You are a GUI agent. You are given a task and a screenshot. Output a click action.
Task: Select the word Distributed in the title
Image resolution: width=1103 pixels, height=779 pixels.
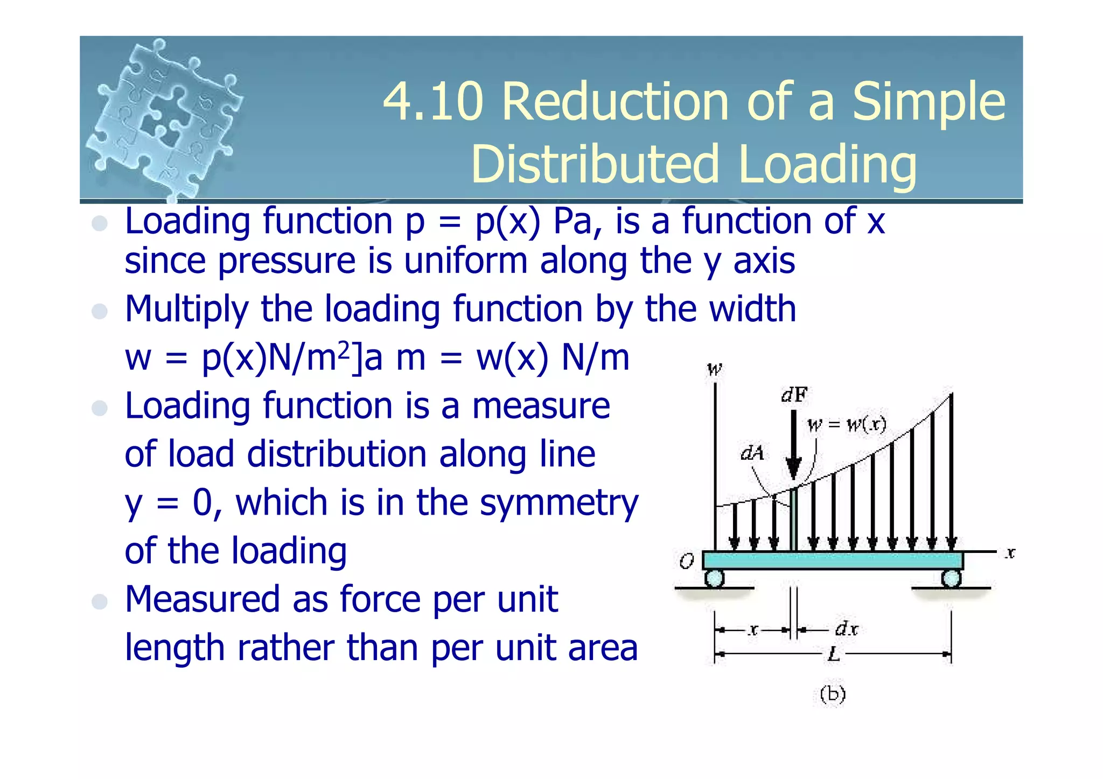(595, 164)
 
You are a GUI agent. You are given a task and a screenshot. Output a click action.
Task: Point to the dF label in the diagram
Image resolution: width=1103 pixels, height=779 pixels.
(794, 396)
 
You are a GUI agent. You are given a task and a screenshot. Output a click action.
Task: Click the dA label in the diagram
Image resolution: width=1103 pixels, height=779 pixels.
(752, 453)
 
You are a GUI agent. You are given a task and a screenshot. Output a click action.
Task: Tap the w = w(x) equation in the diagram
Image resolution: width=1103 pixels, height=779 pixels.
(847, 425)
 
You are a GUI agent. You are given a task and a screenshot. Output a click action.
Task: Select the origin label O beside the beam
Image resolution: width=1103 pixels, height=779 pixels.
(686, 562)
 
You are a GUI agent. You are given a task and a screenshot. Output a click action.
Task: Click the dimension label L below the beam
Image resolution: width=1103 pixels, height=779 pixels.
(833, 654)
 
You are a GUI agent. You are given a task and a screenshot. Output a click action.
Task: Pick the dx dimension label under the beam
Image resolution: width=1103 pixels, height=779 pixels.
(846, 628)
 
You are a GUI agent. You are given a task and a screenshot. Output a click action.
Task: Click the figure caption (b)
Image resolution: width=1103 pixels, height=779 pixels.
(833, 694)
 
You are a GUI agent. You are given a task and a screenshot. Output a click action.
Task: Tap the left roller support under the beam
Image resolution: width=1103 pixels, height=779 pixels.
(714, 579)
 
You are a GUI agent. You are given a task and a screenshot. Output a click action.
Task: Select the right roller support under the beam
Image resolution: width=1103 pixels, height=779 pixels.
(951, 579)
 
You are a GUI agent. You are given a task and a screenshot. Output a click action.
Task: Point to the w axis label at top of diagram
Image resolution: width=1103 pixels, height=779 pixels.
(714, 369)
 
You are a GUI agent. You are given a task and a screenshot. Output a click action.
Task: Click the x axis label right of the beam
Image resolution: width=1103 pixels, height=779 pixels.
(1010, 553)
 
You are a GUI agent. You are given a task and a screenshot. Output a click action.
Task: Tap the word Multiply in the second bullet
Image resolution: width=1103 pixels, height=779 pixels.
(186, 310)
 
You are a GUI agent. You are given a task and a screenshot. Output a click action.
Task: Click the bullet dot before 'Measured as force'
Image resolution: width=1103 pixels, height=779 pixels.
(100, 601)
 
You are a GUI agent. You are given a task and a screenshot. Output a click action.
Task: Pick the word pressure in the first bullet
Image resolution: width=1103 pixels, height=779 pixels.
(287, 261)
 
